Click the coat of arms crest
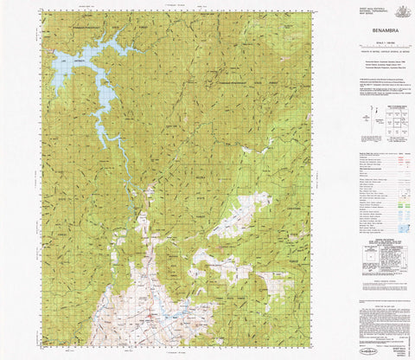401,10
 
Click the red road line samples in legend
403,161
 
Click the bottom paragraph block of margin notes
380,316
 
